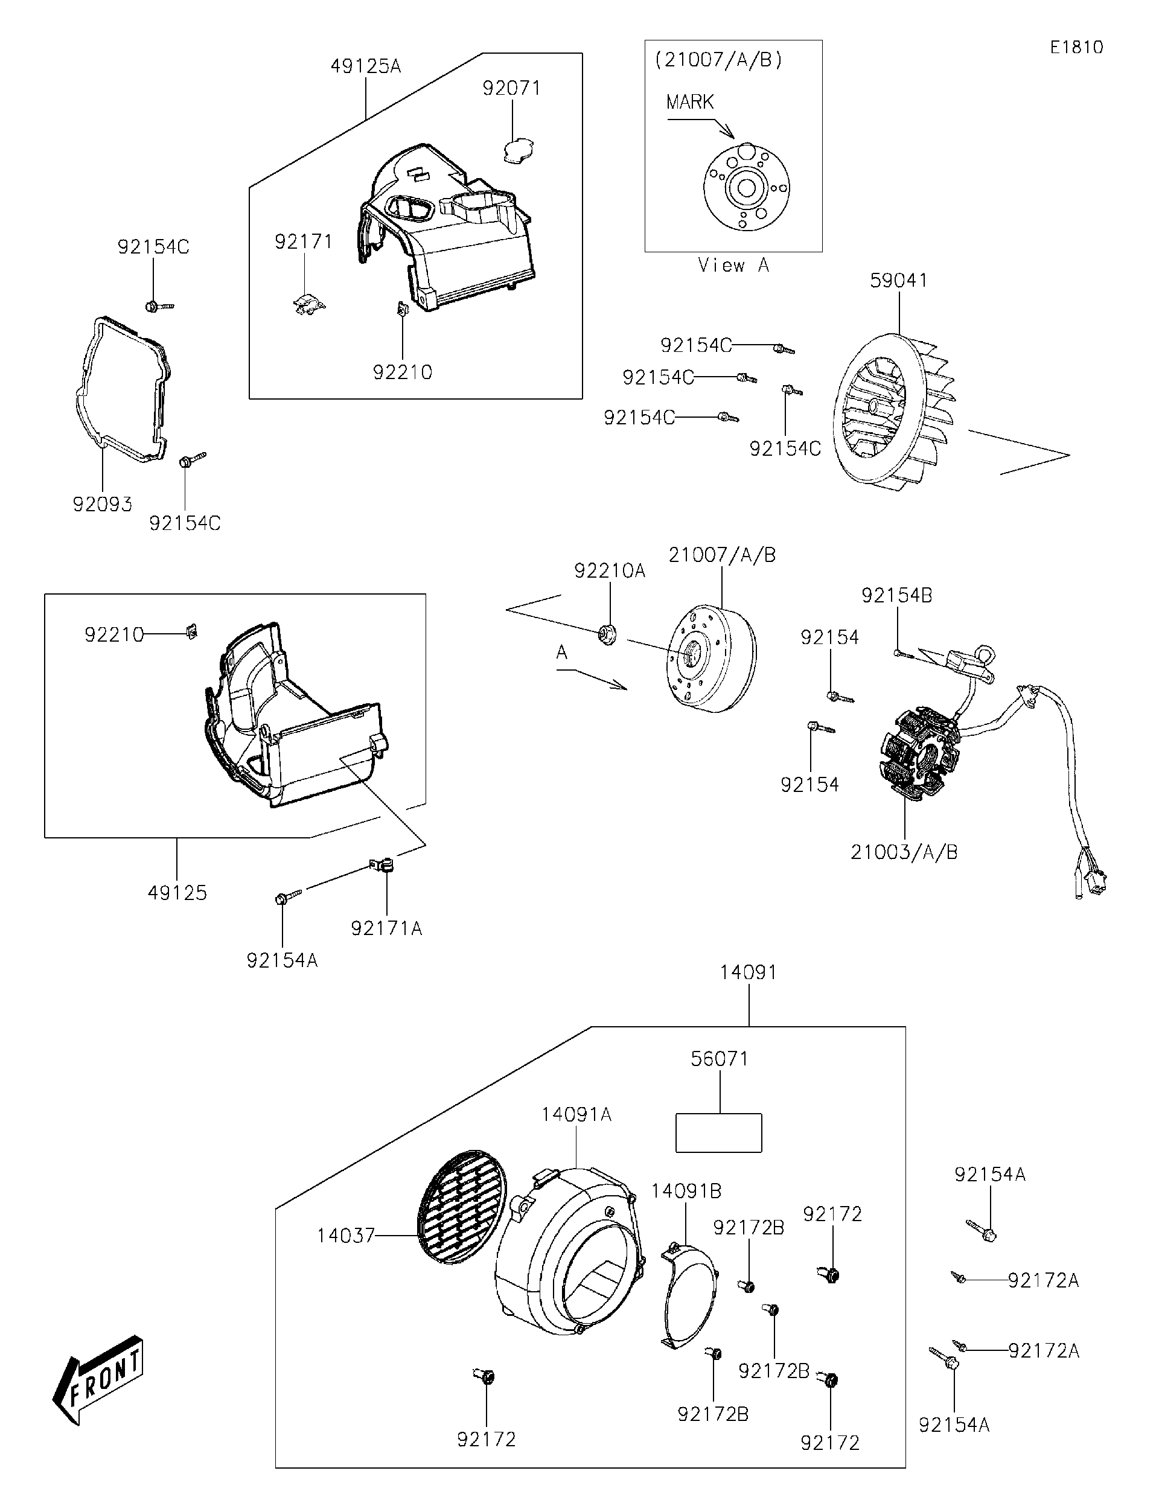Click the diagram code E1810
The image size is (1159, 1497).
coord(1076,47)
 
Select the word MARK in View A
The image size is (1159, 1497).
coord(689,102)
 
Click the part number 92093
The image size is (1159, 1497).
coord(102,505)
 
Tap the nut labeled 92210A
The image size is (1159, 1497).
coord(607,634)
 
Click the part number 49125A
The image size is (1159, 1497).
coord(365,66)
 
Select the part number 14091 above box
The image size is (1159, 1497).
coord(748,972)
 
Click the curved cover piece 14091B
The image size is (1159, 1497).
coord(685,1299)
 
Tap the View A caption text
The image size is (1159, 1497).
coord(733,265)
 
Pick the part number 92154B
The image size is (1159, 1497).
coord(896,596)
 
